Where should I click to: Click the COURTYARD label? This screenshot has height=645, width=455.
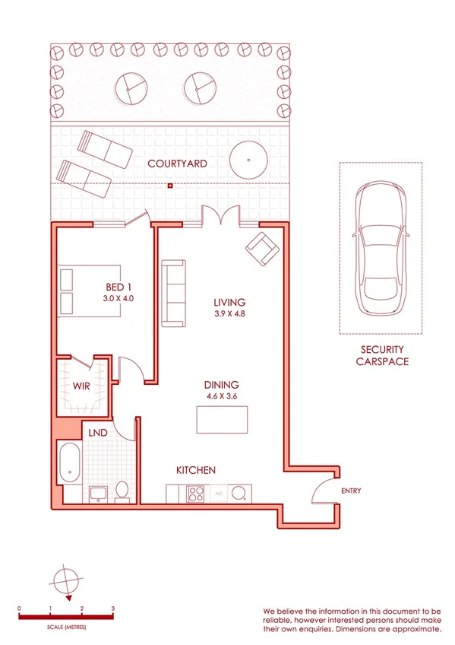[177, 164]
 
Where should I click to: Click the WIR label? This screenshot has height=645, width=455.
[82, 386]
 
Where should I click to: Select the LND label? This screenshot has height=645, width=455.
[97, 433]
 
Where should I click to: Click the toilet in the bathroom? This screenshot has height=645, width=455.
[122, 492]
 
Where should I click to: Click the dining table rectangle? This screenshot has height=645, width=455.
[222, 420]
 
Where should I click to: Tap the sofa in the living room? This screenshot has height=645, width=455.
[173, 293]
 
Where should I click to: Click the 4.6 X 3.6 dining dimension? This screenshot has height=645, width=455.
[222, 396]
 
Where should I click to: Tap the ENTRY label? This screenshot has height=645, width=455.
[351, 491]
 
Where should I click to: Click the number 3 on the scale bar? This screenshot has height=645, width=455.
[112, 608]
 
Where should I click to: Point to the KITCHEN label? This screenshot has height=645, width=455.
[196, 471]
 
